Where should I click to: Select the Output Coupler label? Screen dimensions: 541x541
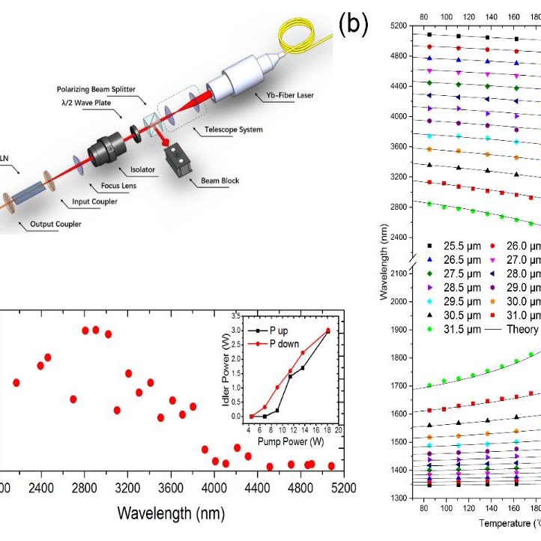57,223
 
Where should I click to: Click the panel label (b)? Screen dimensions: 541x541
354,25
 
